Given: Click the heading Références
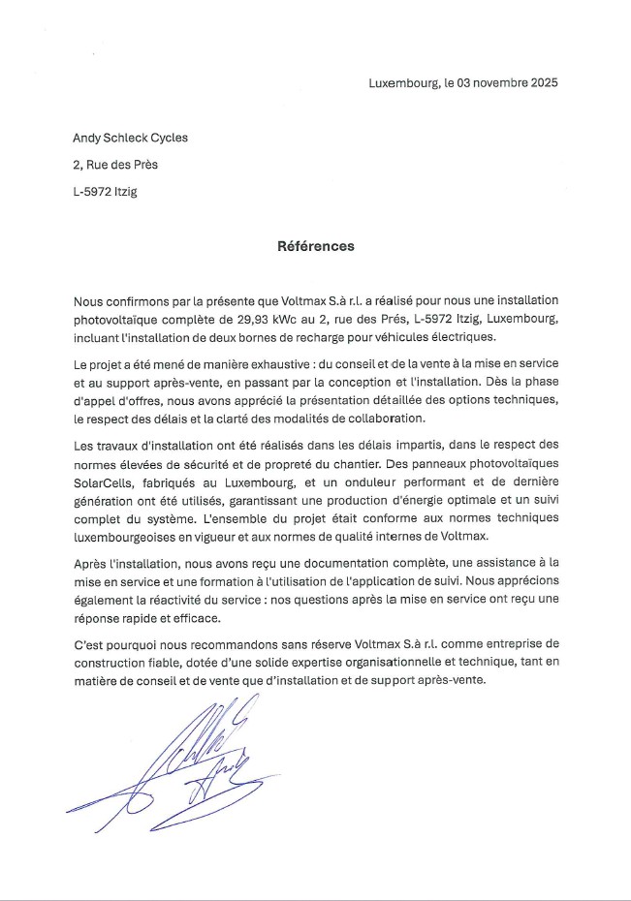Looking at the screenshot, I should click(x=316, y=246).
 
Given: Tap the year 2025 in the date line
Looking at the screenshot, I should click(x=543, y=83).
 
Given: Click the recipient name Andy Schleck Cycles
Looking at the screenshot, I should click(x=131, y=138).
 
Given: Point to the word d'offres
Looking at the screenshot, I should click(x=142, y=400).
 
